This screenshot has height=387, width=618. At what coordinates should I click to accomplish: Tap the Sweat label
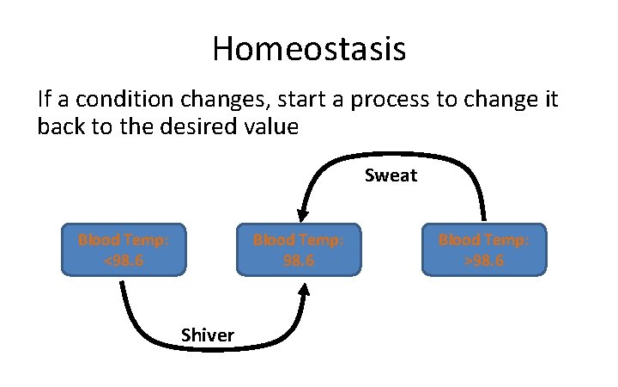pos(391,176)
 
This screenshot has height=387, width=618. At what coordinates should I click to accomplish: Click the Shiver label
pos(207,335)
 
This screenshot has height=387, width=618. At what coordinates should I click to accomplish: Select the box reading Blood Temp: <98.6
pos(123,249)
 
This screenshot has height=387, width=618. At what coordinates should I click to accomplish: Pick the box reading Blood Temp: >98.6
pos(483,249)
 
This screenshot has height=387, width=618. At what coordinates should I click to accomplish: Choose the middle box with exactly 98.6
pos(298,249)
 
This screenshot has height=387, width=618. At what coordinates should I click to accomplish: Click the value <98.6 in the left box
pos(123,259)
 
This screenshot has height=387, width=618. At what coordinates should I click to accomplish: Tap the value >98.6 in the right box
pos(483,259)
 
